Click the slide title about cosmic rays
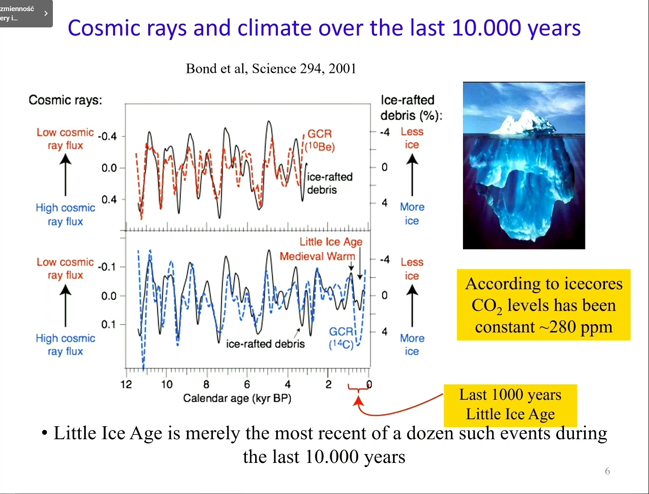(x=324, y=28)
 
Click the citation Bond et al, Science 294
(x=271, y=69)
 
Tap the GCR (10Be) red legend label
(x=320, y=140)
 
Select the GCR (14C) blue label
(x=341, y=338)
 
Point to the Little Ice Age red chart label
(x=331, y=241)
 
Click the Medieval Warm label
(x=317, y=256)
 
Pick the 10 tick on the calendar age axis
(x=167, y=384)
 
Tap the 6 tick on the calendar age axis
(x=247, y=384)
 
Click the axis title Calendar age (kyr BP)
(x=237, y=398)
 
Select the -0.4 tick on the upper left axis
(x=108, y=136)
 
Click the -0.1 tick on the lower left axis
(x=108, y=267)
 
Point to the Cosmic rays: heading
(x=65, y=100)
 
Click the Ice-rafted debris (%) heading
(x=411, y=108)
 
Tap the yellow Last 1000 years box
(x=510, y=405)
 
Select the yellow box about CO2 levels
(x=544, y=305)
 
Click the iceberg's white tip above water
(x=525, y=120)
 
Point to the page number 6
(x=607, y=471)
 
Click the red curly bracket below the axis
(x=358, y=389)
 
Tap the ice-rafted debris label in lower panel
(x=265, y=344)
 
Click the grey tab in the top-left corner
(x=25, y=13)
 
